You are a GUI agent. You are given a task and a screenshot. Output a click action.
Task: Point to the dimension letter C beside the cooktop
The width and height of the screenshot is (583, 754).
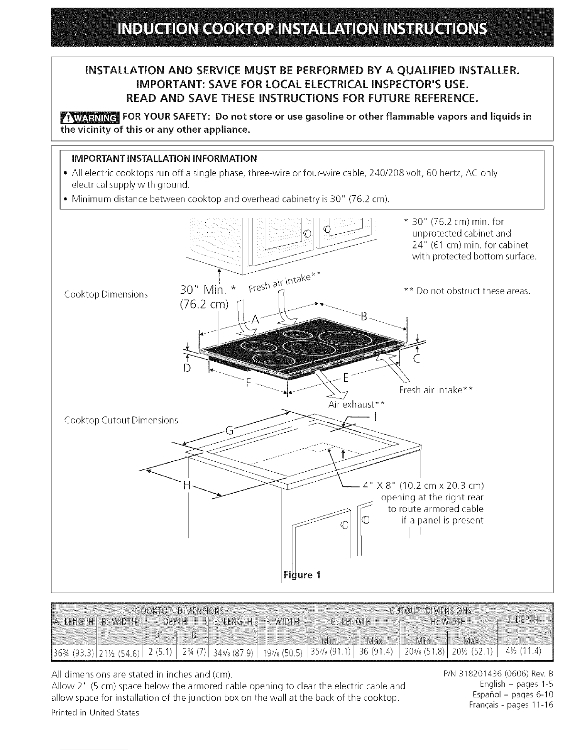[416, 358]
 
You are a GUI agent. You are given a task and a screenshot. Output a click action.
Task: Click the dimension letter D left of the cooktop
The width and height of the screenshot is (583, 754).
[187, 368]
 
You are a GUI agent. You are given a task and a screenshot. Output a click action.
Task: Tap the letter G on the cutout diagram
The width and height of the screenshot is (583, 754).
[229, 431]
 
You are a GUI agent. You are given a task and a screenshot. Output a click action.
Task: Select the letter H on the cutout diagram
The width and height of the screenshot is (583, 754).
[187, 486]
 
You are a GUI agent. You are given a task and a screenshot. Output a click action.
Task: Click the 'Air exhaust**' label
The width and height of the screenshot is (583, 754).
[356, 405]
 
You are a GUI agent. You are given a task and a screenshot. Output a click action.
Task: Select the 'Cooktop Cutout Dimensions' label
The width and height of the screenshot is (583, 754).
[121, 420]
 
